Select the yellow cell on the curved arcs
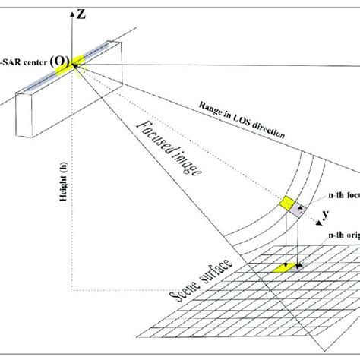(289, 204)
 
